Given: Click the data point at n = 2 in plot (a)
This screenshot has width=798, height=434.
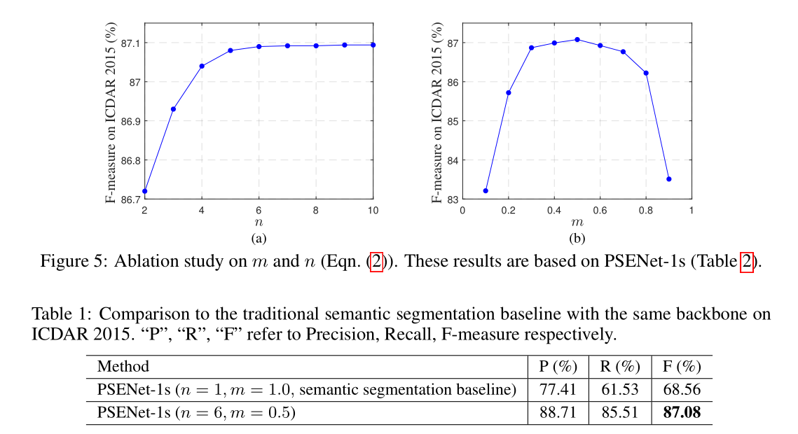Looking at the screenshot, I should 145,191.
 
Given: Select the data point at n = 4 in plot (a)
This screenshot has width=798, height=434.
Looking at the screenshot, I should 202,66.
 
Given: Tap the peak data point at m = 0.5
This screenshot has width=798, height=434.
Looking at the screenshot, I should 577,39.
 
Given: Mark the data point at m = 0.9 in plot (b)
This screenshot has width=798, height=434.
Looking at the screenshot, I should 668,179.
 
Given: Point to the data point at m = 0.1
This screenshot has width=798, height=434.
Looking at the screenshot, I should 486,191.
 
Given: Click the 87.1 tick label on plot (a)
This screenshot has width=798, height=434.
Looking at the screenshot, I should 130,43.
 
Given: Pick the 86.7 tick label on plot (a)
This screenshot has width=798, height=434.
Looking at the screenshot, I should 130,199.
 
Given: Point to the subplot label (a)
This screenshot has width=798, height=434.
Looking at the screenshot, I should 259,239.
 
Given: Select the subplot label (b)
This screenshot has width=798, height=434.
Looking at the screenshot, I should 577,239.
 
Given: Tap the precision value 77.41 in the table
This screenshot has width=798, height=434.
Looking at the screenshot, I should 557,390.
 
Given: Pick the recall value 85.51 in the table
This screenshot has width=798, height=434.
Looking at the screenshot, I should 619,413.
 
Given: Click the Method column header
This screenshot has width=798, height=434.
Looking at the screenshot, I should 123,366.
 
